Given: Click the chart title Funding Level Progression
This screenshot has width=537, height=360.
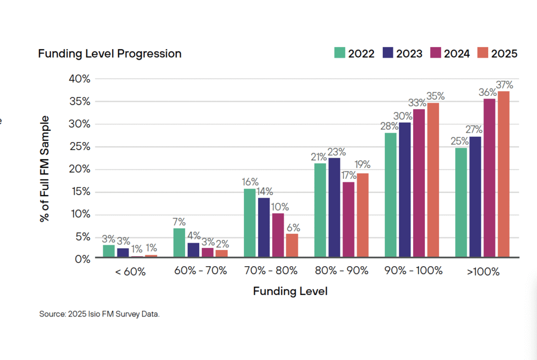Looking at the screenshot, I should [x=110, y=53].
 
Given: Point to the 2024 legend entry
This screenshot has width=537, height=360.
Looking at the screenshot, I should [x=449, y=53].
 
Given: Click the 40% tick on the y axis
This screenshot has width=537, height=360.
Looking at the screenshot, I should [x=79, y=79].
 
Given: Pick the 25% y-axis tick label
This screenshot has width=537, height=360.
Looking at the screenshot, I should [x=79, y=147].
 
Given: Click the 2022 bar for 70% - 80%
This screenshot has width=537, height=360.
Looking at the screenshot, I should [x=250, y=223].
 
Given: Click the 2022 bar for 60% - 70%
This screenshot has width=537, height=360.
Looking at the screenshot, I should [x=179, y=243].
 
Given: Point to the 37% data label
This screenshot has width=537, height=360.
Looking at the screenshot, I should [x=504, y=85].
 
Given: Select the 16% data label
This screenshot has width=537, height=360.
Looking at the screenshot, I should [x=250, y=182].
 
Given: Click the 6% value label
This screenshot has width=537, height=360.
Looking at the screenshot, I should [x=293, y=227].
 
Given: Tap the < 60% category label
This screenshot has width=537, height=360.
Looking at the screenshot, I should [x=130, y=271].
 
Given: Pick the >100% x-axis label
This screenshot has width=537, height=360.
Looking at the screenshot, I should [x=482, y=271].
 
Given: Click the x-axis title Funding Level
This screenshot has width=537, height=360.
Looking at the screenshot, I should [x=290, y=291].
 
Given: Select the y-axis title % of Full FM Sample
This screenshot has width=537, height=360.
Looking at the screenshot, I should [x=45, y=169].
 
